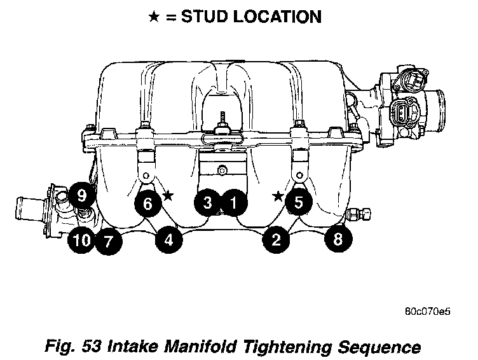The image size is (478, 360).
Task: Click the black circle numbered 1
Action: point(233,202)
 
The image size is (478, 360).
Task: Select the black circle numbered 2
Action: point(276,239)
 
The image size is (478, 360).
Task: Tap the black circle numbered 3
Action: point(208,202)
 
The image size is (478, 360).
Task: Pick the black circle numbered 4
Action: point(168,240)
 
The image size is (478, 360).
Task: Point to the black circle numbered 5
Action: point(299,202)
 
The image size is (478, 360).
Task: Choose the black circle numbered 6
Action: point(148,203)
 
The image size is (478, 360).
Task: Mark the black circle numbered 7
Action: point(109,242)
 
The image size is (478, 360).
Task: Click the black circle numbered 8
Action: point(338,239)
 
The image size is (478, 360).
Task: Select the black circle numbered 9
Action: point(81,195)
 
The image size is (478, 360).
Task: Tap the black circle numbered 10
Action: point(81,240)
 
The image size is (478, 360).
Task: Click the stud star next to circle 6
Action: point(168,195)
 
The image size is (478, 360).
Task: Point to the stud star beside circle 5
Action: point(278,196)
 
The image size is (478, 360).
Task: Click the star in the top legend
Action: point(154,17)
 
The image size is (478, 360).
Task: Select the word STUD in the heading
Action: point(204,17)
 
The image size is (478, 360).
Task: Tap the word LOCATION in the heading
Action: point(277,17)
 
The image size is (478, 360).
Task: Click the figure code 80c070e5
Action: point(428,312)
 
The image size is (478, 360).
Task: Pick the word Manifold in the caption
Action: point(200,346)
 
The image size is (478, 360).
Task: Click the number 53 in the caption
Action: point(92,346)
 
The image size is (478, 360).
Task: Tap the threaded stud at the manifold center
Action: point(222,118)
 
